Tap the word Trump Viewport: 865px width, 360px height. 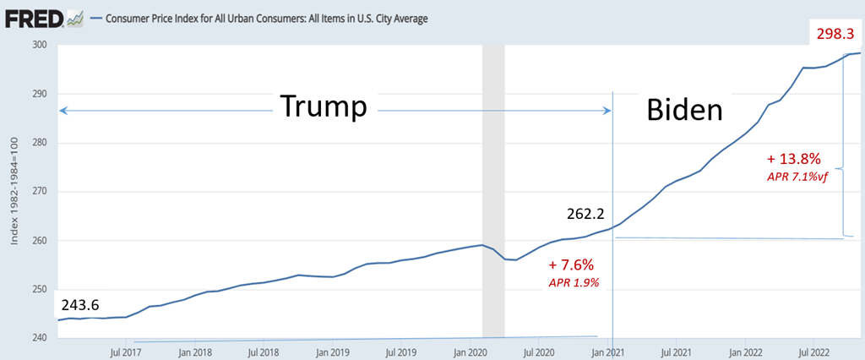[324, 107]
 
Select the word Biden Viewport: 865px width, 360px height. [686, 110]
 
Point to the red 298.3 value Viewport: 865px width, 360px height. [835, 35]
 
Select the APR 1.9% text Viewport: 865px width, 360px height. [574, 283]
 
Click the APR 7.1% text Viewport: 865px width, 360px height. [799, 177]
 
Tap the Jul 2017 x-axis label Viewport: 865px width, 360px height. [125, 351]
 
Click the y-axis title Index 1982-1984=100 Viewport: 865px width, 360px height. [14, 191]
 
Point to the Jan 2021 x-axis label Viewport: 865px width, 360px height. [608, 351]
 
